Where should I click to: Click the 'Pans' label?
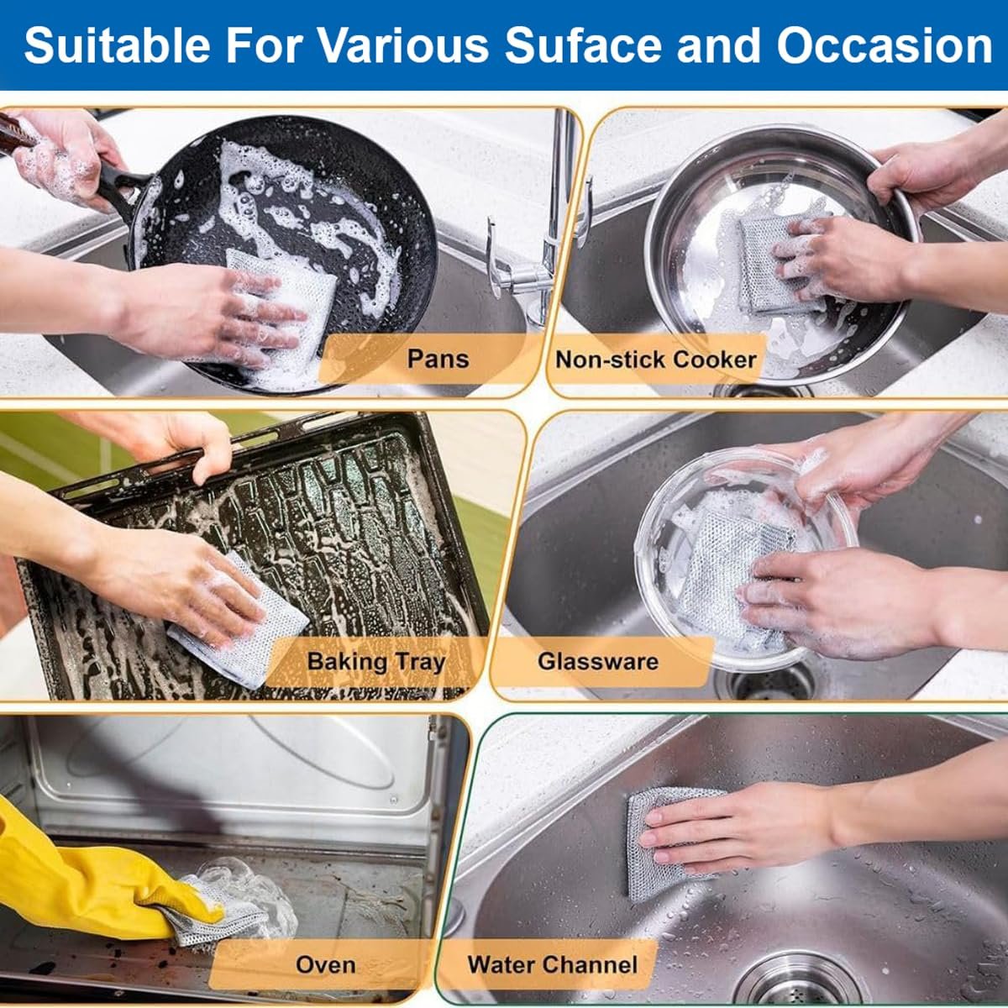click(x=437, y=360)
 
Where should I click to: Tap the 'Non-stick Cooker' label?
click(x=656, y=360)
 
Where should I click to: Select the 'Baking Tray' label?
click(x=375, y=662)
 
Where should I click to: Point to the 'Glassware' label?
click(x=597, y=661)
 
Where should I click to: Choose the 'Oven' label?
click(x=325, y=965)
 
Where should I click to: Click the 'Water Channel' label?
click(x=552, y=965)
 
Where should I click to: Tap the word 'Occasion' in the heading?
click(x=885, y=45)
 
